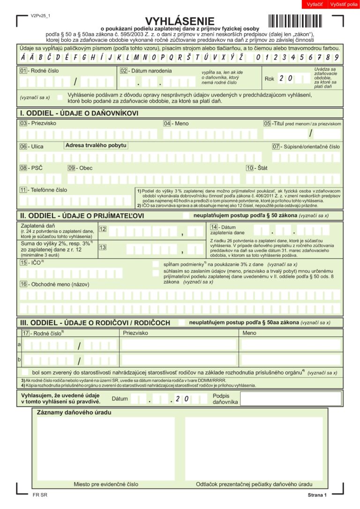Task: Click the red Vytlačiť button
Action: pyautogui.click(x=315, y=4)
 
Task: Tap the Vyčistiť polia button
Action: pyautogui.click(x=344, y=4)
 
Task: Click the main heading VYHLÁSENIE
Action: pyautogui.click(x=180, y=21)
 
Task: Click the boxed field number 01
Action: pyautogui.click(x=23, y=71)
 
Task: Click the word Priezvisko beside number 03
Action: pyautogui.click(x=44, y=123)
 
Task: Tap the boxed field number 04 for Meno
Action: pyautogui.click(x=167, y=123)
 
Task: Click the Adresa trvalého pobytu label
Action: pyautogui.click(x=96, y=145)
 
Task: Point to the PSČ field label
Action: pyautogui.click(x=37, y=168)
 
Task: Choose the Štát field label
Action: pyautogui.click(x=262, y=168)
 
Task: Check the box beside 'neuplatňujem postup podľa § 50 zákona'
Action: pyautogui.click(x=186, y=215)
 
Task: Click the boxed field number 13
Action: pyautogui.click(x=102, y=247)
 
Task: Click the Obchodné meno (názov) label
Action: pyautogui.click(x=59, y=284)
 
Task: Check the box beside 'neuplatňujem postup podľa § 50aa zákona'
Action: pyautogui.click(x=181, y=322)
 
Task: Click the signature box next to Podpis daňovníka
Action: pyautogui.click(x=291, y=399)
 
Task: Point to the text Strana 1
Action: pyautogui.click(x=317, y=495)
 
